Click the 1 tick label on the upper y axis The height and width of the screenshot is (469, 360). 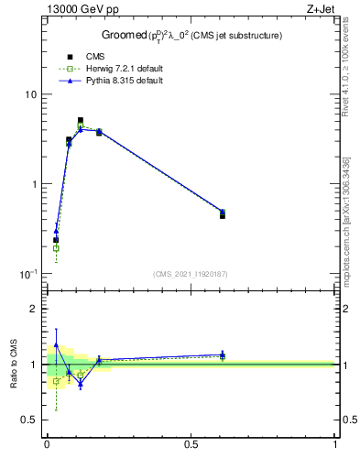tap(33, 184)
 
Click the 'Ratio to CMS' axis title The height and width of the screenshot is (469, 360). tap(13, 364)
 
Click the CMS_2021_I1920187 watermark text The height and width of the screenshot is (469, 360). tap(191, 274)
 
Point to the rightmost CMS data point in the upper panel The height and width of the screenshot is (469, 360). tap(223, 215)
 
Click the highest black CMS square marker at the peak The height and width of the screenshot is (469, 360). tap(81, 120)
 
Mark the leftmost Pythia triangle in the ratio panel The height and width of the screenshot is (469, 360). tap(56, 345)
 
